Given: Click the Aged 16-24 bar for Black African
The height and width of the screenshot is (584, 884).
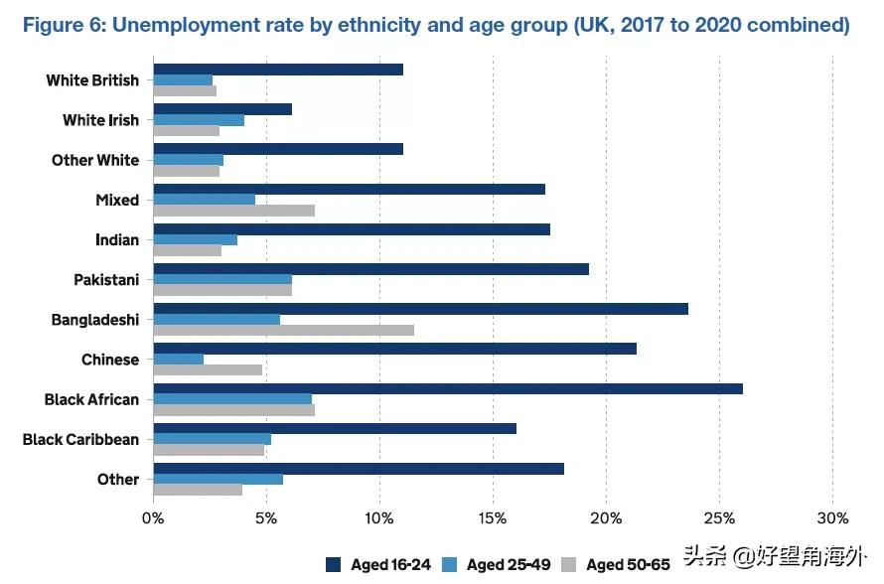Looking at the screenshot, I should tap(447, 388).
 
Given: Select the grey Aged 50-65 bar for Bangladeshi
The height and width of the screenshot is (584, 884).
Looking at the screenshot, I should tap(283, 330).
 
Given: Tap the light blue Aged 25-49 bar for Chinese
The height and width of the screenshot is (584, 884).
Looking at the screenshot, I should tap(179, 359).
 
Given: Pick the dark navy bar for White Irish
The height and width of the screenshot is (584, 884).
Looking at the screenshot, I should tap(222, 109).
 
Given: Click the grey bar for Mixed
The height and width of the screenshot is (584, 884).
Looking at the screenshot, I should tap(233, 211).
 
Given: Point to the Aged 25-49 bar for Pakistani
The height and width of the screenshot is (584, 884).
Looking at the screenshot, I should tap(222, 279).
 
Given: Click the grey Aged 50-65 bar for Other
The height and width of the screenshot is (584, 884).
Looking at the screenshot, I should tap(198, 490).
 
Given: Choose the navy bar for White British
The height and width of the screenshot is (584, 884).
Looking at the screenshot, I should tap(278, 70).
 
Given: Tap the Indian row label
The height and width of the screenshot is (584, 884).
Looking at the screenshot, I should tap(116, 239).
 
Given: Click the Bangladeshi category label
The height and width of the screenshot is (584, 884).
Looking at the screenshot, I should tap(95, 320).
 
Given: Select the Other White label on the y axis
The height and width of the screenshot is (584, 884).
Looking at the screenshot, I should tap(95, 160).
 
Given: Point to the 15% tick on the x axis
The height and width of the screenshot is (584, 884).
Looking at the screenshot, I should tap(493, 517).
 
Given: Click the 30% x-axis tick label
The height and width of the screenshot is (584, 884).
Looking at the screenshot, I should tap(832, 517).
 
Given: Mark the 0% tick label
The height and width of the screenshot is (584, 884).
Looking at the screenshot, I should tap(153, 517).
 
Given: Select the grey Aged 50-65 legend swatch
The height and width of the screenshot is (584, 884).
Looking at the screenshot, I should tap(569, 564).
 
